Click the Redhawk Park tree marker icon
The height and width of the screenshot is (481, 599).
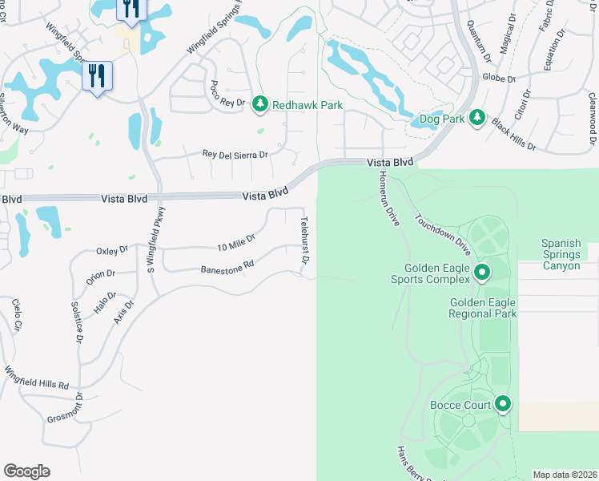pos(259,103)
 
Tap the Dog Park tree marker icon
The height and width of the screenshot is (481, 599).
pos(476,118)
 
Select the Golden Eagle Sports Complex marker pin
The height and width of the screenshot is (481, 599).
pos(482,273)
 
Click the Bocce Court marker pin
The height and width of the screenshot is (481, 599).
pos(503,404)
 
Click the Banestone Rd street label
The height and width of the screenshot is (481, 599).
pos(227,267)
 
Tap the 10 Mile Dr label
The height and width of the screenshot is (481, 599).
pos(235,240)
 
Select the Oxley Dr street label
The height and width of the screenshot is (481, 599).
pos(112,251)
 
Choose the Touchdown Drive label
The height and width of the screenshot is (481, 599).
pos(441,234)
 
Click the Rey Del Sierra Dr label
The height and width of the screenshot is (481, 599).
pos(235,154)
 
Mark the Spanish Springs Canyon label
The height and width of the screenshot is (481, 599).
pos(571,254)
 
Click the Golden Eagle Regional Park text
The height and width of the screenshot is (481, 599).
pos(483,308)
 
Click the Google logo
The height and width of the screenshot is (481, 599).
pos(26,471)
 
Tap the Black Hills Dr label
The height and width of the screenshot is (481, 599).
pos(513,133)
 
